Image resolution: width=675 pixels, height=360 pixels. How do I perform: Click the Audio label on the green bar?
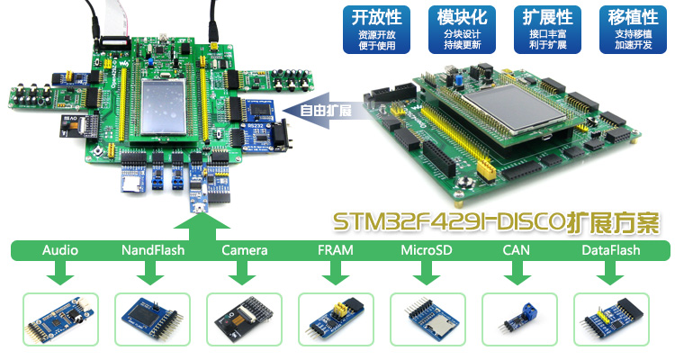[x=60, y=250]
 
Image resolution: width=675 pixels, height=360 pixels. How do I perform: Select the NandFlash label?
[x=152, y=250]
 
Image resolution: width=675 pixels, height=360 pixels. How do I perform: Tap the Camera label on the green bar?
[x=244, y=250]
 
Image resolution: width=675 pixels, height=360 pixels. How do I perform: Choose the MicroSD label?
[x=427, y=250]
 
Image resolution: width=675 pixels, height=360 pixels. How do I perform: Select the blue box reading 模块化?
[x=462, y=29]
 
